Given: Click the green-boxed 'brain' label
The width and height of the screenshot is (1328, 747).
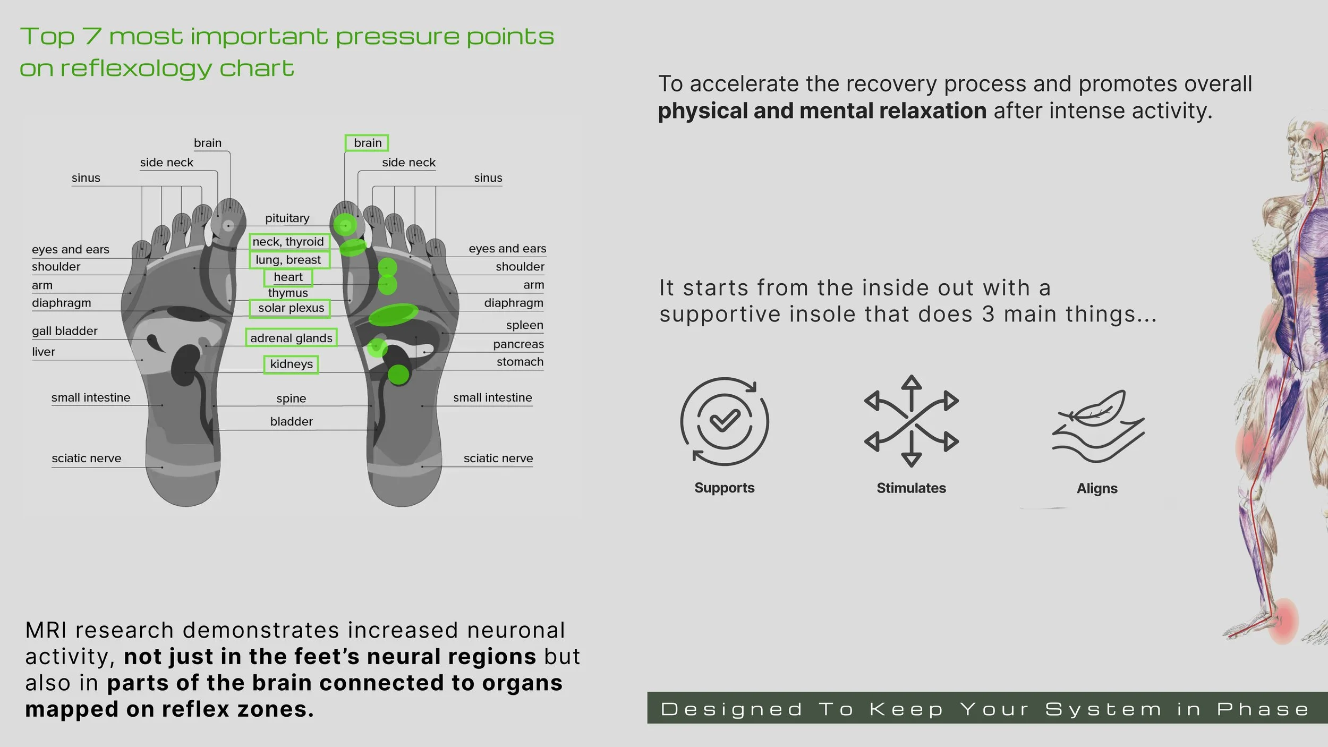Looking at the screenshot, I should pyautogui.click(x=367, y=143).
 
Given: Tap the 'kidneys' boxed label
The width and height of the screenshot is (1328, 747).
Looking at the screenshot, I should pyautogui.click(x=291, y=364).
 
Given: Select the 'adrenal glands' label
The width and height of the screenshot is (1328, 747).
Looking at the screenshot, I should pyautogui.click(x=291, y=338).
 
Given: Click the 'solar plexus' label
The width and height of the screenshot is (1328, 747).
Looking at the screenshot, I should pyautogui.click(x=291, y=308).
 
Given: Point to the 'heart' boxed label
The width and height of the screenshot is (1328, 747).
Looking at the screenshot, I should pyautogui.click(x=288, y=277).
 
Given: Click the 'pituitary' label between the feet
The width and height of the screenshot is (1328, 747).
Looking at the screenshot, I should pyautogui.click(x=287, y=218).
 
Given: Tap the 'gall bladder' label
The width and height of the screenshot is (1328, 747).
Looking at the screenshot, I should pyautogui.click(x=64, y=331).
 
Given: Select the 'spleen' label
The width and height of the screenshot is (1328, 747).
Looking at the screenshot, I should pyautogui.click(x=524, y=325).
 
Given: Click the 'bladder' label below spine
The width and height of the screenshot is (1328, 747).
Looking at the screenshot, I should pyautogui.click(x=291, y=422).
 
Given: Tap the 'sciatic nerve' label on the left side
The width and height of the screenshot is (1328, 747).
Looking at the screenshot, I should pyautogui.click(x=86, y=459).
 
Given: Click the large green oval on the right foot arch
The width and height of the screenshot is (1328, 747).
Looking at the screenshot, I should pyautogui.click(x=393, y=315).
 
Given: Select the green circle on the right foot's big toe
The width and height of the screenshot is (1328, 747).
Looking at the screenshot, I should pyautogui.click(x=345, y=225).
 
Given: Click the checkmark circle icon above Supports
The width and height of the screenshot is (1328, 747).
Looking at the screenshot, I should pyautogui.click(x=725, y=421).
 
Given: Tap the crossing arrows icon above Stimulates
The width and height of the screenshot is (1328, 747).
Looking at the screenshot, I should pyautogui.click(x=911, y=421).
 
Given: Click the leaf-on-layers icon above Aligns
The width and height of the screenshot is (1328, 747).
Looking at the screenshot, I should pyautogui.click(x=1097, y=425).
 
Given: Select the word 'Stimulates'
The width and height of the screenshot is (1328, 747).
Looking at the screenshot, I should pyautogui.click(x=911, y=488).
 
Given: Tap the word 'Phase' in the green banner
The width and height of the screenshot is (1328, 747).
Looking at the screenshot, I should pyautogui.click(x=1263, y=709).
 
